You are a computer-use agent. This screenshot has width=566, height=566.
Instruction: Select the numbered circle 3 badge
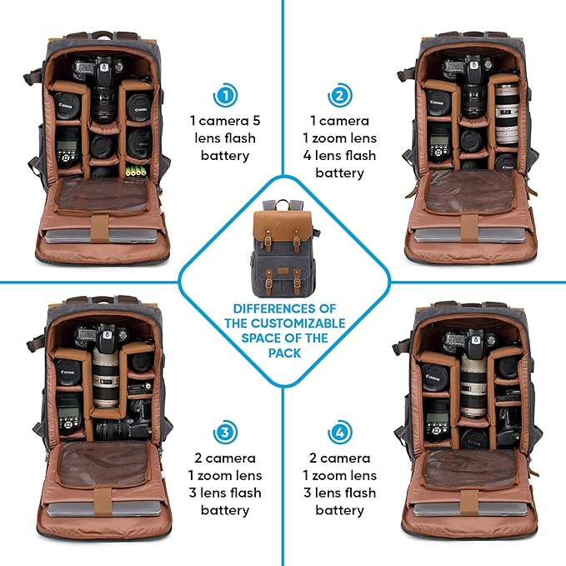[224, 433]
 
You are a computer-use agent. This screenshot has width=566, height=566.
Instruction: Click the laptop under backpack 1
[104, 237]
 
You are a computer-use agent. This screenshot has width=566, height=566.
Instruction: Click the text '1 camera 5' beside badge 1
[224, 120]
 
